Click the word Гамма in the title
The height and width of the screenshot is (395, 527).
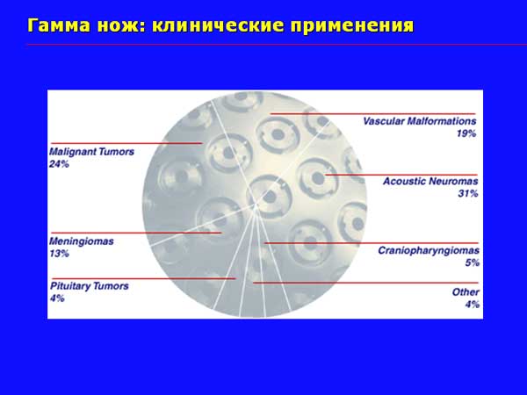pos(59,25)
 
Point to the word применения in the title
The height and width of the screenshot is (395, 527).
pos(352,25)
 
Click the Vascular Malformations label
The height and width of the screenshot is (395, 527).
pos(420,121)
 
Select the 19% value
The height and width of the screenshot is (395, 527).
pos(466,133)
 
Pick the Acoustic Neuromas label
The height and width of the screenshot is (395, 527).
pos(430,182)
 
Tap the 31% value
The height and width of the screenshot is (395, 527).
pos(468,193)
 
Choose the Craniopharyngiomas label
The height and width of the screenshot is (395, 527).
pos(429,250)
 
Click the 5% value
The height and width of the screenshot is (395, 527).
pos(473,262)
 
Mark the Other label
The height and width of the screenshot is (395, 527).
pos(466,292)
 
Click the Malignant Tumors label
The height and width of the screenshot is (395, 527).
pos(91,152)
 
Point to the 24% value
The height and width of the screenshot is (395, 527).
pos(59,164)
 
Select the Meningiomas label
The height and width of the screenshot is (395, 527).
pos(82,241)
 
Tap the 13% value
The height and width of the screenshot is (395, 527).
pos(59,254)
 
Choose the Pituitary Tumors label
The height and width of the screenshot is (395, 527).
pos(90,286)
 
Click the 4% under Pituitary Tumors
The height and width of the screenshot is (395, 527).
pos(57,298)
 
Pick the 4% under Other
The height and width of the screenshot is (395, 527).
pos(473,305)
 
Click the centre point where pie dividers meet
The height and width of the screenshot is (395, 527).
pos(256,205)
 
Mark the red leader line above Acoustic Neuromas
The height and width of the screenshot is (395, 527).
pos(401,175)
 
